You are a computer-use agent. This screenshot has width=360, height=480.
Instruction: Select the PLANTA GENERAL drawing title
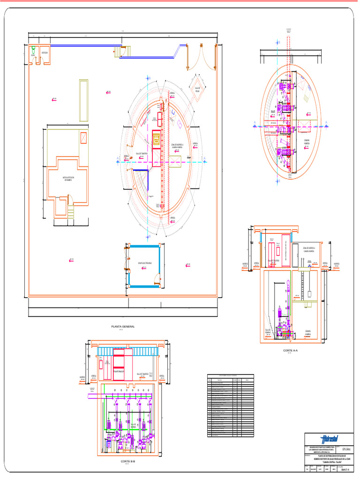[x=122, y=326]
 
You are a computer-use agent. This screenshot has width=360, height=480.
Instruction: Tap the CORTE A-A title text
[x=291, y=351]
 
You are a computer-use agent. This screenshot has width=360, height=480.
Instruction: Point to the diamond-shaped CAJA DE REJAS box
[x=197, y=89]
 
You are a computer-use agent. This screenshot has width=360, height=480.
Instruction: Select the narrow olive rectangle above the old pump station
[x=84, y=100]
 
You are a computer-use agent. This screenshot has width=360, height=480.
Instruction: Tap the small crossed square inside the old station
[x=84, y=138]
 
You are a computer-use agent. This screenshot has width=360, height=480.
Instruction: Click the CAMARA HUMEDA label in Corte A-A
[x=308, y=332]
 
